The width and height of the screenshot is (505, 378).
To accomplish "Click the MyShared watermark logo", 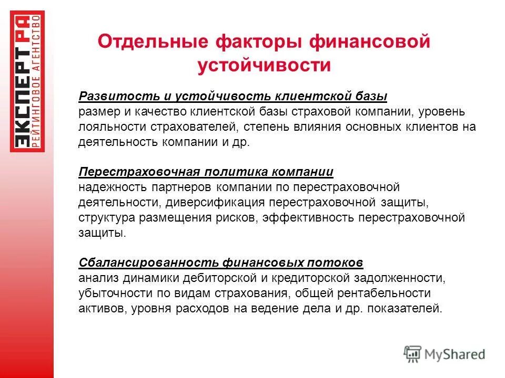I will [x=444, y=354].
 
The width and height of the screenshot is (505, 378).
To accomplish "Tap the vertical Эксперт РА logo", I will [x=28, y=81].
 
